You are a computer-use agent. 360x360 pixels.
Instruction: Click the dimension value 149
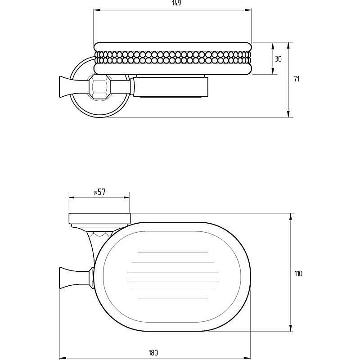(x=176, y=3)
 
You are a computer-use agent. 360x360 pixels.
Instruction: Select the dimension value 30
(x=278, y=59)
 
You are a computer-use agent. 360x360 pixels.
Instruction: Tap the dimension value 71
(x=297, y=79)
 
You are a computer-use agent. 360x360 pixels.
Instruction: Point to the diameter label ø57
(x=99, y=192)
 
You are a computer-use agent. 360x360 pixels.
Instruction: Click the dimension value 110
(x=298, y=274)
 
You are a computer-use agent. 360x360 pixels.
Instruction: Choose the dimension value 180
(x=153, y=353)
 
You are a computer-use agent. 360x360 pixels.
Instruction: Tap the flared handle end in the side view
(x=65, y=87)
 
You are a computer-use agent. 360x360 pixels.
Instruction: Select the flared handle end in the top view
(x=65, y=278)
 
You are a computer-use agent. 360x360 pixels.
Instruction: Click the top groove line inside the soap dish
(x=173, y=252)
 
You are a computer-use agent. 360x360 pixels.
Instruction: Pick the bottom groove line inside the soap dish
(x=173, y=299)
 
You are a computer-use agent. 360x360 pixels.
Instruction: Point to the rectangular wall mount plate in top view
(x=100, y=218)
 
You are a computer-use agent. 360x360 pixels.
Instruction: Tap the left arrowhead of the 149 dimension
(x=97, y=10)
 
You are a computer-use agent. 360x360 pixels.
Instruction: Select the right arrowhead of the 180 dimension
(x=247, y=358)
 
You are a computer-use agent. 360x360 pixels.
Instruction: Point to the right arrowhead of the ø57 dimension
(x=126, y=197)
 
